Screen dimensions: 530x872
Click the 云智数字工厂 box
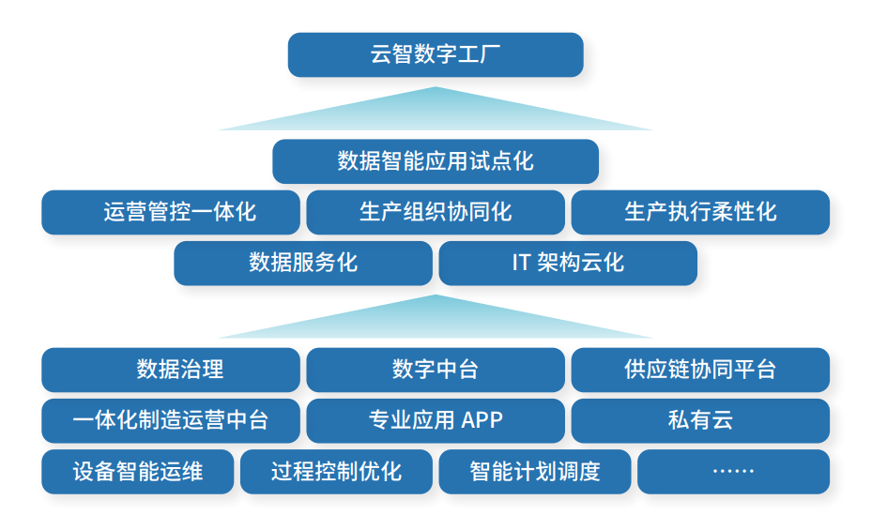tap(435, 54)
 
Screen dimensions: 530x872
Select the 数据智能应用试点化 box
tap(435, 161)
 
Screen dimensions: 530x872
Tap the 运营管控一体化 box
tap(171, 212)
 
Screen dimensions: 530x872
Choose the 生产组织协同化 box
tap(435, 212)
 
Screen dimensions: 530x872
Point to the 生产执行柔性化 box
tap(700, 212)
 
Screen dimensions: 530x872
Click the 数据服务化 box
tap(303, 263)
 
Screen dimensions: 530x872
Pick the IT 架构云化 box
tap(568, 263)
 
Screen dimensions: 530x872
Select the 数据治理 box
tap(171, 370)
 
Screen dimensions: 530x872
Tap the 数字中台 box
tap(435, 370)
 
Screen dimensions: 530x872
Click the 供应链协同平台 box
tap(700, 370)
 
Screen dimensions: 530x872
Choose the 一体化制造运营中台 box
tap(171, 420)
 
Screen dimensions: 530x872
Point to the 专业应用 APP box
tap(435, 420)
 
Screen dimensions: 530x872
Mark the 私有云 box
tap(700, 420)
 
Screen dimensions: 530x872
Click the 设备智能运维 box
tap(137, 471)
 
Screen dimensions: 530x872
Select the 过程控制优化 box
tap(336, 471)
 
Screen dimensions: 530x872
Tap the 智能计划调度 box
tap(534, 471)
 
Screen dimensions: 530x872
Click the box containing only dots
tap(733, 471)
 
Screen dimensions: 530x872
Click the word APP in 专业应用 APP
tap(482, 420)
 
